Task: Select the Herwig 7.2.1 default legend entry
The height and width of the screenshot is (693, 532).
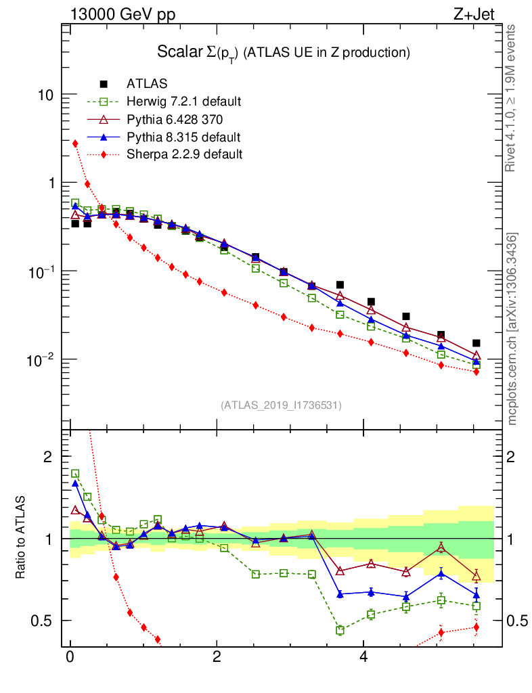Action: (x=183, y=102)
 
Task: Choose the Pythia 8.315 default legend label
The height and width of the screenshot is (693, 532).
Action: (x=183, y=137)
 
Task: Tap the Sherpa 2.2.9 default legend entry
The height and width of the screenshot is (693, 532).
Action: (x=184, y=154)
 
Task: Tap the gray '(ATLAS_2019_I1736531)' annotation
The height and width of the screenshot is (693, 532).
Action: (x=281, y=405)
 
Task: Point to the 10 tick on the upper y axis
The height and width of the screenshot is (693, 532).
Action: (x=46, y=95)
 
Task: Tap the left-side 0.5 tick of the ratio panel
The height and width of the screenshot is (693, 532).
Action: (x=43, y=621)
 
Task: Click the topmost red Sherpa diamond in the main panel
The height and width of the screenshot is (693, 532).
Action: (x=75, y=143)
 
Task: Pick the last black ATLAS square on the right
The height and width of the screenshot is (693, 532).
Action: (x=476, y=343)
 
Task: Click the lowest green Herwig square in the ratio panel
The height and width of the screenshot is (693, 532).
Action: (x=340, y=630)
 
